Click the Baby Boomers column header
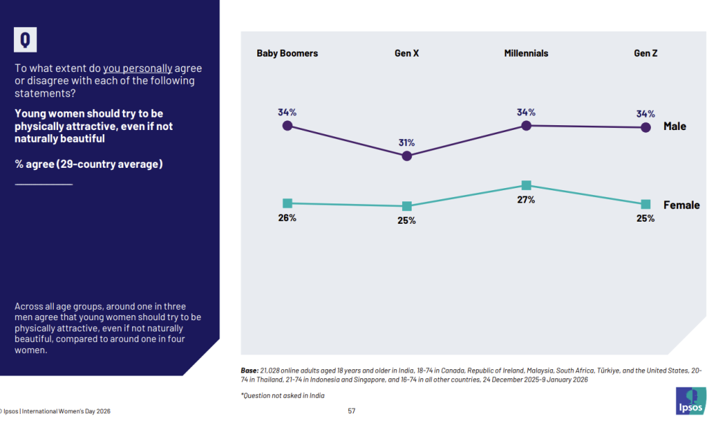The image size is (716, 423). point(287,53)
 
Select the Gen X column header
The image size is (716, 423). point(406,53)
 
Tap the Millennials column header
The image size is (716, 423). point(526,53)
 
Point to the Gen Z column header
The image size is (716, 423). point(645,53)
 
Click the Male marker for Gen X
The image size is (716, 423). point(407,156)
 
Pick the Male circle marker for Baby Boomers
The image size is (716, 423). point(287,126)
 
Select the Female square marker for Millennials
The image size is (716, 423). point(527,185)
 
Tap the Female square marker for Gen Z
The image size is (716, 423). point(646,204)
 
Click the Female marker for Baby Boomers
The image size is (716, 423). point(287,203)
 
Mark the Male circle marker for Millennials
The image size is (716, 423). point(527,126)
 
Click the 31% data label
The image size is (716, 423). point(407,143)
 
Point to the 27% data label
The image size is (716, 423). point(527,200)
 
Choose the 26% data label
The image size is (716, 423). point(287,218)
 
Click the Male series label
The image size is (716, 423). point(675,127)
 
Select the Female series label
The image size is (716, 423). point(681,205)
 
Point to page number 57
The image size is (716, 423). point(352,411)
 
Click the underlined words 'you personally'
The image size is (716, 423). point(138,69)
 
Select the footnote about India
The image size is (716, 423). point(283,396)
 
